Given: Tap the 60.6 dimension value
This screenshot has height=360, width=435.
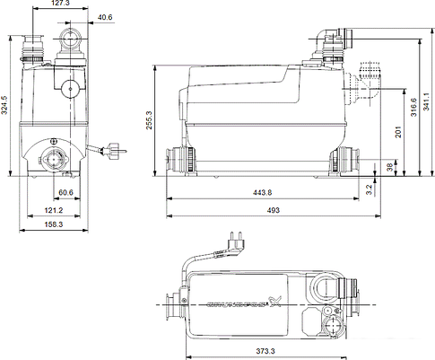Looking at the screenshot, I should pyautogui.click(x=65, y=192).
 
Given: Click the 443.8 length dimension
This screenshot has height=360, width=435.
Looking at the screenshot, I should pyautogui.click(x=260, y=192).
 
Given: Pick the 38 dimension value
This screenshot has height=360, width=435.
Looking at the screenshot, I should pyautogui.click(x=387, y=167).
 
